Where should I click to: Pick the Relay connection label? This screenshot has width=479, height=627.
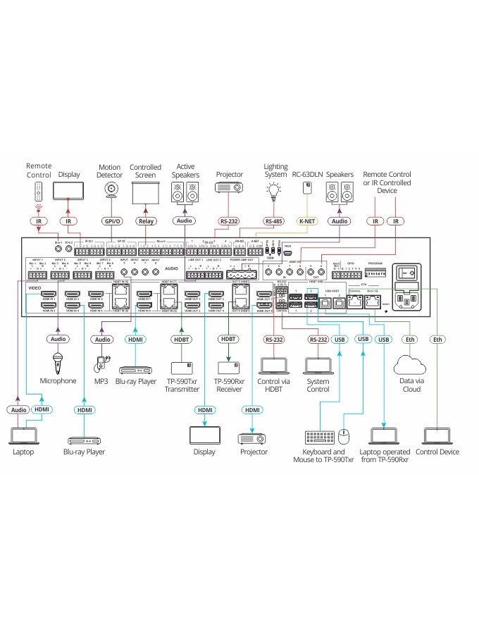tap(145, 221)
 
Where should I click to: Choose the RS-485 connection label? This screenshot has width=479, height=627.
tap(273, 221)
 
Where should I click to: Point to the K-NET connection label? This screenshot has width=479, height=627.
tap(306, 221)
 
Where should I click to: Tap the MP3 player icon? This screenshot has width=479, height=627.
tap(101, 362)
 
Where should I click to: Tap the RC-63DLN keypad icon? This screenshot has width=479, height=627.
tap(307, 187)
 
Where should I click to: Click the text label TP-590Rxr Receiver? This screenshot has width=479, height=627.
tap(229, 385)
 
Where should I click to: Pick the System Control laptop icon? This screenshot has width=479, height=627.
tap(318, 365)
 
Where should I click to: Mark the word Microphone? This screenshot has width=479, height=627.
tap(58, 380)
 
